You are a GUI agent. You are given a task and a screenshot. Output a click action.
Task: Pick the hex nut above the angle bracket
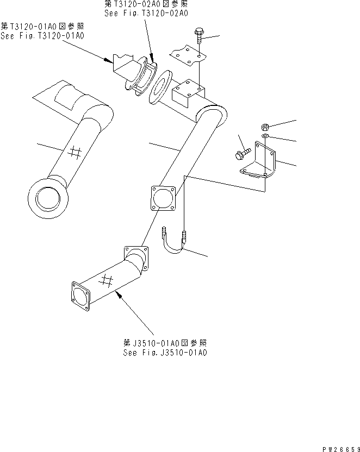[x=264, y=124]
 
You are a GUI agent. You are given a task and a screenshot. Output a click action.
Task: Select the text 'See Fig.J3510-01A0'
[x=165, y=353]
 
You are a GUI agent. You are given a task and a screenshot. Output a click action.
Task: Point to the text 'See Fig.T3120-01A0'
[x=42, y=36]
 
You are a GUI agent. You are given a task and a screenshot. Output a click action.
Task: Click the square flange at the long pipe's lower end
[x=162, y=199]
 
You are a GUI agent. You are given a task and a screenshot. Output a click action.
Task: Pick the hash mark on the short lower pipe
[x=107, y=281]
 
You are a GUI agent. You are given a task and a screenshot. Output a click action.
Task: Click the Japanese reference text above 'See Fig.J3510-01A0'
[x=165, y=343]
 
